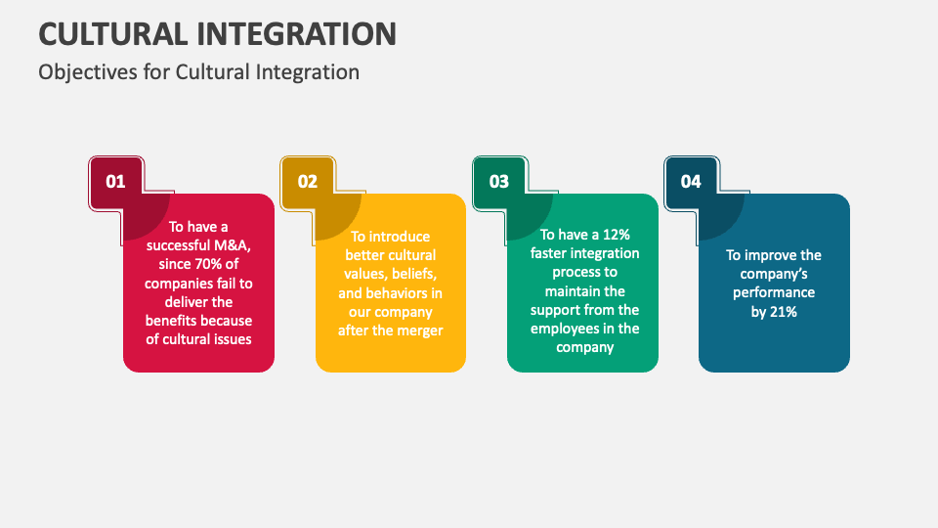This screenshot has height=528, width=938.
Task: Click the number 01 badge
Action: tap(115, 182)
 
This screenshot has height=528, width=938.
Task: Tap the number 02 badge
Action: tap(308, 182)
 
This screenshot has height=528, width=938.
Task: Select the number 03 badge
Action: tap(499, 182)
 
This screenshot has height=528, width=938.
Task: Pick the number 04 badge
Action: tap(691, 182)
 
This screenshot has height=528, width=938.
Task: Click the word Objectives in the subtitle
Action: tap(88, 72)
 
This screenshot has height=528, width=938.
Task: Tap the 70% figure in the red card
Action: tap(209, 264)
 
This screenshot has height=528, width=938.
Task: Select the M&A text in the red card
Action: tap(233, 245)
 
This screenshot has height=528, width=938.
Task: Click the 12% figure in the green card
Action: tap(617, 234)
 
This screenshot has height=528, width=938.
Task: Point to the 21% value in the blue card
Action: tap(783, 312)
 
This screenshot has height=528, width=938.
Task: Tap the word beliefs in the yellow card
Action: tap(414, 274)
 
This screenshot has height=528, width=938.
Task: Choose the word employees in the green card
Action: tap(558, 330)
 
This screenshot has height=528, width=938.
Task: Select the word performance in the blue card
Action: tap(774, 292)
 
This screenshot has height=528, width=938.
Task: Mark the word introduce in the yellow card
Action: tap(400, 237)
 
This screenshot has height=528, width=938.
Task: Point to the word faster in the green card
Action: tap(548, 253)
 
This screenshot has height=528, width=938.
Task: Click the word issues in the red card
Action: tap(234, 339)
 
